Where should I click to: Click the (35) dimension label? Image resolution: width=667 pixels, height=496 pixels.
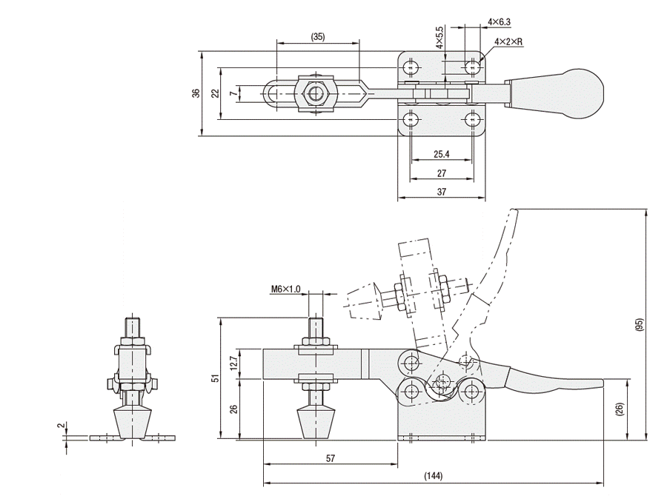[318, 36]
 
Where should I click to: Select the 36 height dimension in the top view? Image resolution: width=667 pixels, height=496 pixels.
[196, 93]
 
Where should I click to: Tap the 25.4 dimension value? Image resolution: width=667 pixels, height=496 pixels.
[441, 155]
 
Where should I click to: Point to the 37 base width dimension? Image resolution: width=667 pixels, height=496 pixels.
[441, 191]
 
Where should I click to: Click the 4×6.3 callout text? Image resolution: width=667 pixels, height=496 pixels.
[500, 23]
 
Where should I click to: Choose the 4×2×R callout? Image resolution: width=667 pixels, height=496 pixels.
[508, 42]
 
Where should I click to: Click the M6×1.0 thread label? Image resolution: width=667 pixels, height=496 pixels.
[285, 289]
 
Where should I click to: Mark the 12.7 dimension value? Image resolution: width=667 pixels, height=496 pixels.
[233, 362]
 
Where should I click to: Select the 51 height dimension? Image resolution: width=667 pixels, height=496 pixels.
[216, 378]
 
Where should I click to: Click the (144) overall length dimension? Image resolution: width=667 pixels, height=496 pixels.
[434, 475]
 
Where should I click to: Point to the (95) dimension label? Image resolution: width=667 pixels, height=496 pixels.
[640, 324]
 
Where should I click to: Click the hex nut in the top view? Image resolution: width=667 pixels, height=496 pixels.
[317, 93]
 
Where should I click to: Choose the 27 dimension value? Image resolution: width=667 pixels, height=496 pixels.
[441, 173]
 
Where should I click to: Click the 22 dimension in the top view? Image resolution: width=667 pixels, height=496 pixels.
[214, 93]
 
